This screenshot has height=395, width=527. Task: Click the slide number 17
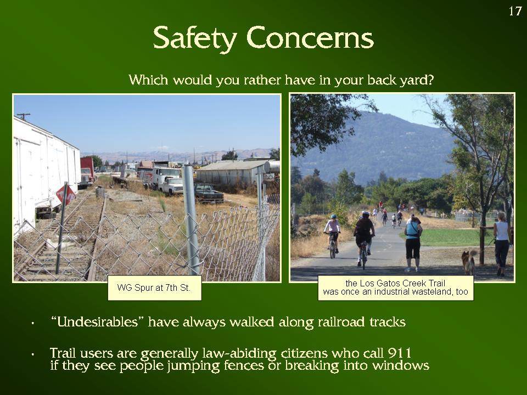[x=514, y=11]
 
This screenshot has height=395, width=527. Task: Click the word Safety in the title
[x=195, y=38]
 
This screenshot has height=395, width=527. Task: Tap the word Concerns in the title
[x=310, y=38]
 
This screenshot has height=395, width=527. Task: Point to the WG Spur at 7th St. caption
[x=154, y=288]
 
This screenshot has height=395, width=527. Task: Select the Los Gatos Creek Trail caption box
[x=396, y=288]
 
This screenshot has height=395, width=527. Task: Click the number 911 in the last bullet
[x=400, y=353]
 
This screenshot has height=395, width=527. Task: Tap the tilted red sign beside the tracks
[x=66, y=194]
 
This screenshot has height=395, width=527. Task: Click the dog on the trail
[x=468, y=261]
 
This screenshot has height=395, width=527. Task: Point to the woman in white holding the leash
[x=502, y=244]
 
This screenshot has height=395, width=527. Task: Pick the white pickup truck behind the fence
[x=172, y=185]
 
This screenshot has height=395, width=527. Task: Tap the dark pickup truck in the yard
[x=209, y=193]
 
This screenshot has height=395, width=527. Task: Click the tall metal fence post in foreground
[x=191, y=220]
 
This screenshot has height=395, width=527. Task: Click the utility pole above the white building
[x=24, y=116]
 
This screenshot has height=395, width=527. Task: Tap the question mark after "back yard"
[x=430, y=80]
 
